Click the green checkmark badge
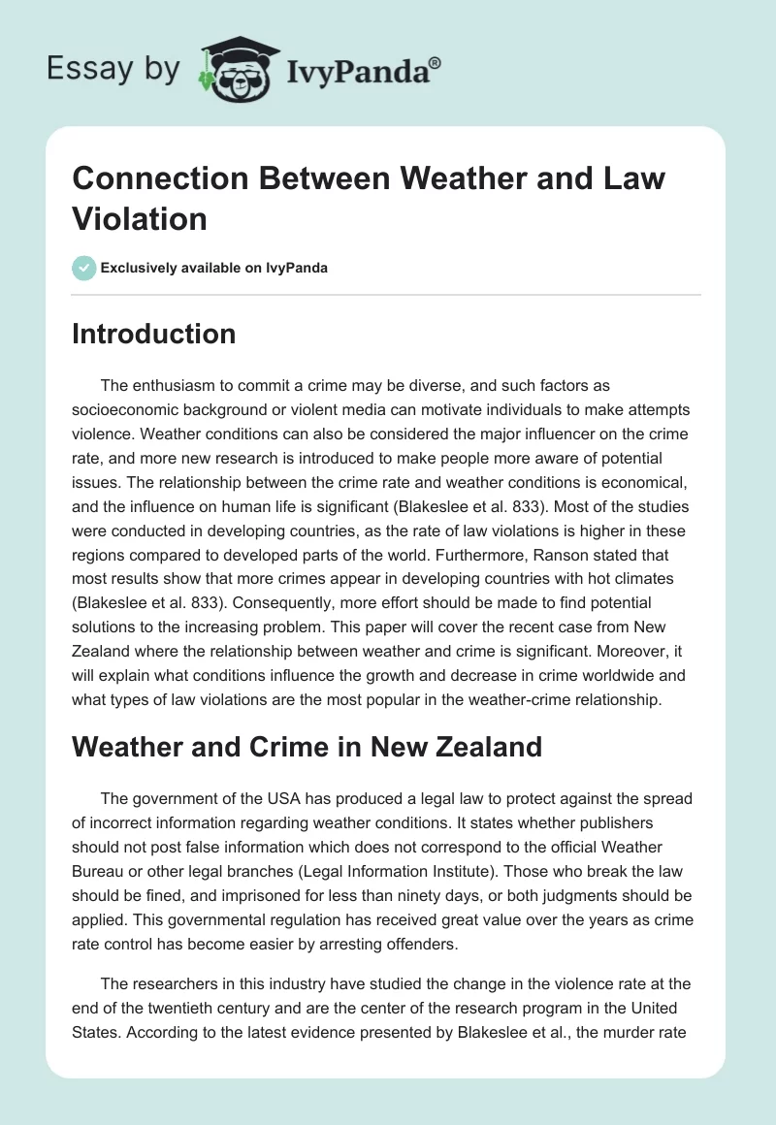(84, 268)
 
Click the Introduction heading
(154, 334)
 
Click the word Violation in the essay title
(140, 219)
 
